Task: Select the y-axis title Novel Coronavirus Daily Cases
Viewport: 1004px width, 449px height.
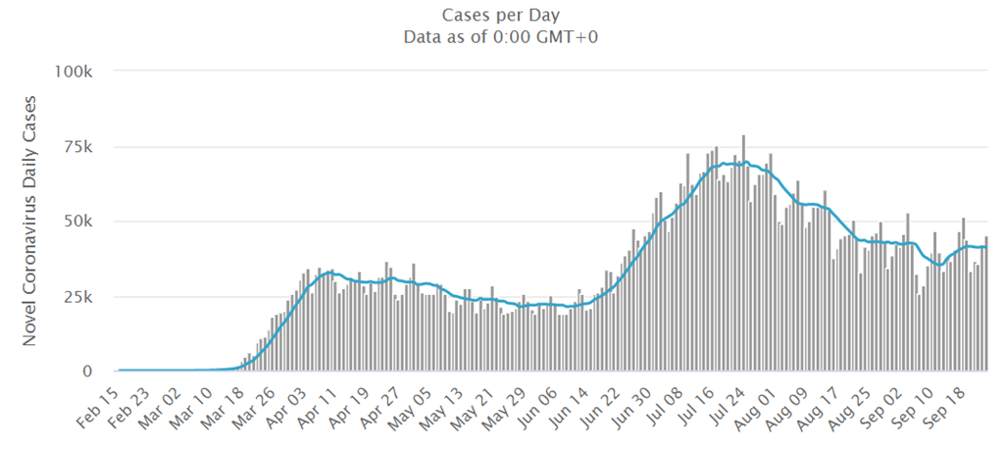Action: pos(29,221)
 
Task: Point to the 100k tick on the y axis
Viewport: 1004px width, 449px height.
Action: pos(74,73)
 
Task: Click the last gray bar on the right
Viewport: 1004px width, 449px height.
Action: pos(986,304)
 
